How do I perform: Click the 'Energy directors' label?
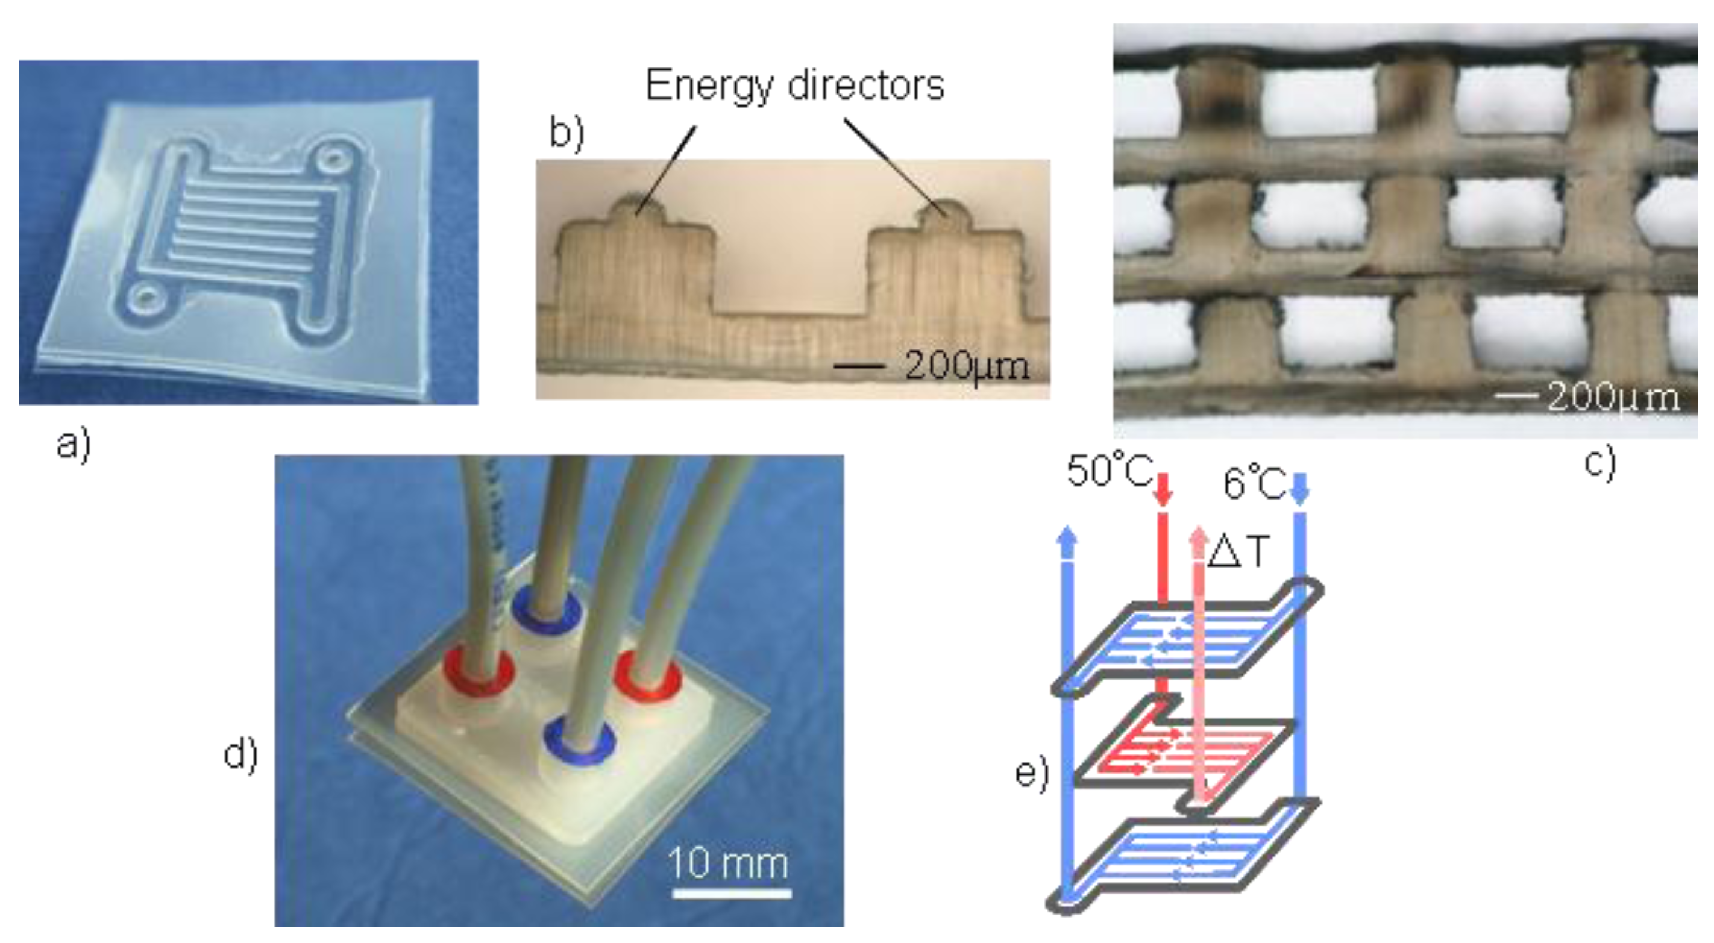click(x=794, y=85)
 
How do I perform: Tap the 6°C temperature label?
click(x=1254, y=483)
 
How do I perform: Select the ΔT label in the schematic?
click(x=1238, y=551)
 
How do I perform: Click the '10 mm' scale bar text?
click(x=728, y=863)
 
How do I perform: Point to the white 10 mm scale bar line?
click(x=731, y=892)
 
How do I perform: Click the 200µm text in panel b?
click(x=966, y=366)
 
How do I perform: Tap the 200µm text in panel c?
click(x=1613, y=398)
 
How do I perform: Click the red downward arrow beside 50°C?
click(x=1163, y=489)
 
